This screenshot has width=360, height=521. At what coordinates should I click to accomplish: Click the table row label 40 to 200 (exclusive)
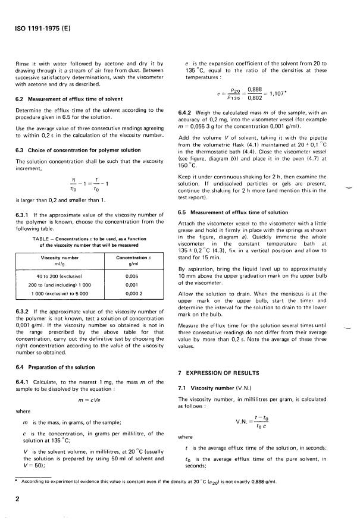(55, 276)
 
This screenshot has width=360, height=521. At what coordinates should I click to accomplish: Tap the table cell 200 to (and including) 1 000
(55, 285)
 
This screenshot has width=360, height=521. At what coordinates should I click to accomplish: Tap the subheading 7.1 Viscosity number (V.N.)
(215, 387)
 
